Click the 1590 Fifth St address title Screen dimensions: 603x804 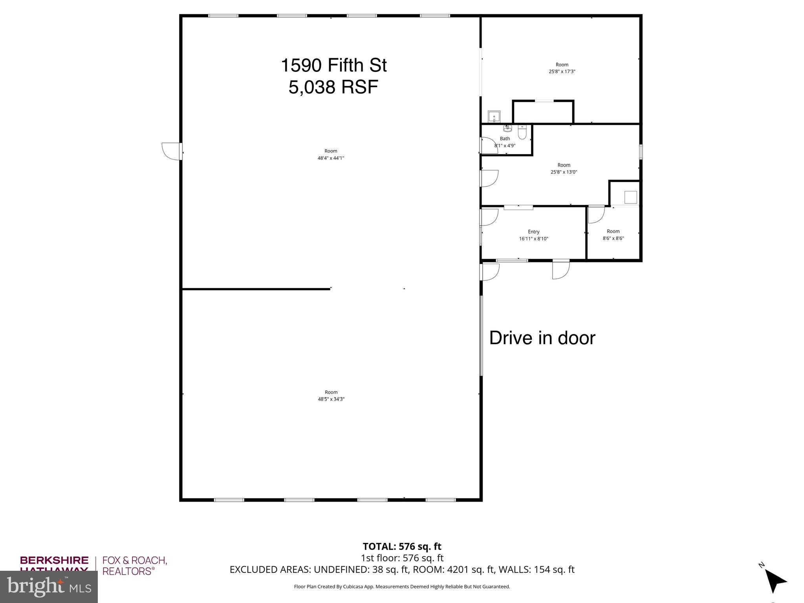click(333, 65)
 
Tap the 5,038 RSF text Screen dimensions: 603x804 click(333, 87)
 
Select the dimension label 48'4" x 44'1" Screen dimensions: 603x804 click(331, 158)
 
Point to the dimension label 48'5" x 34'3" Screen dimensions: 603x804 click(331, 399)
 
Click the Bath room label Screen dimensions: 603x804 click(505, 139)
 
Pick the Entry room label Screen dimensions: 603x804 click(533, 232)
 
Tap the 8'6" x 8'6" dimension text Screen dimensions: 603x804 click(613, 238)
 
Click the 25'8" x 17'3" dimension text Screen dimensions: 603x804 click(562, 71)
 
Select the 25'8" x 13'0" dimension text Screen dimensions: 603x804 click(564, 172)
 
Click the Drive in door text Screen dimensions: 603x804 click(542, 338)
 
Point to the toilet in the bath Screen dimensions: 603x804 click(522, 132)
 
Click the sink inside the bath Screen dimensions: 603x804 click(507, 128)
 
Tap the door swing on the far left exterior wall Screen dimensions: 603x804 click(170, 151)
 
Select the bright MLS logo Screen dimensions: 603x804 click(49, 587)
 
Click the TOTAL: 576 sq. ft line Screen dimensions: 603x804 click(402, 546)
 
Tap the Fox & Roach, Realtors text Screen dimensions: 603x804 click(135, 566)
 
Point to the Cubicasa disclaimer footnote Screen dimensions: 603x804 click(402, 587)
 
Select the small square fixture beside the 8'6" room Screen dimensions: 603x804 click(630, 197)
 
